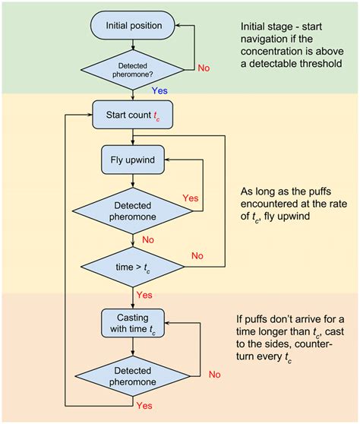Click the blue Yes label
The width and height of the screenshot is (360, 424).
click(159, 90)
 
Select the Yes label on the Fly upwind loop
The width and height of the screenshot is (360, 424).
click(192, 198)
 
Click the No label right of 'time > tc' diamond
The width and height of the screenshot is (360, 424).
click(197, 256)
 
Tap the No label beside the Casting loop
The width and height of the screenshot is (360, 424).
click(214, 374)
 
